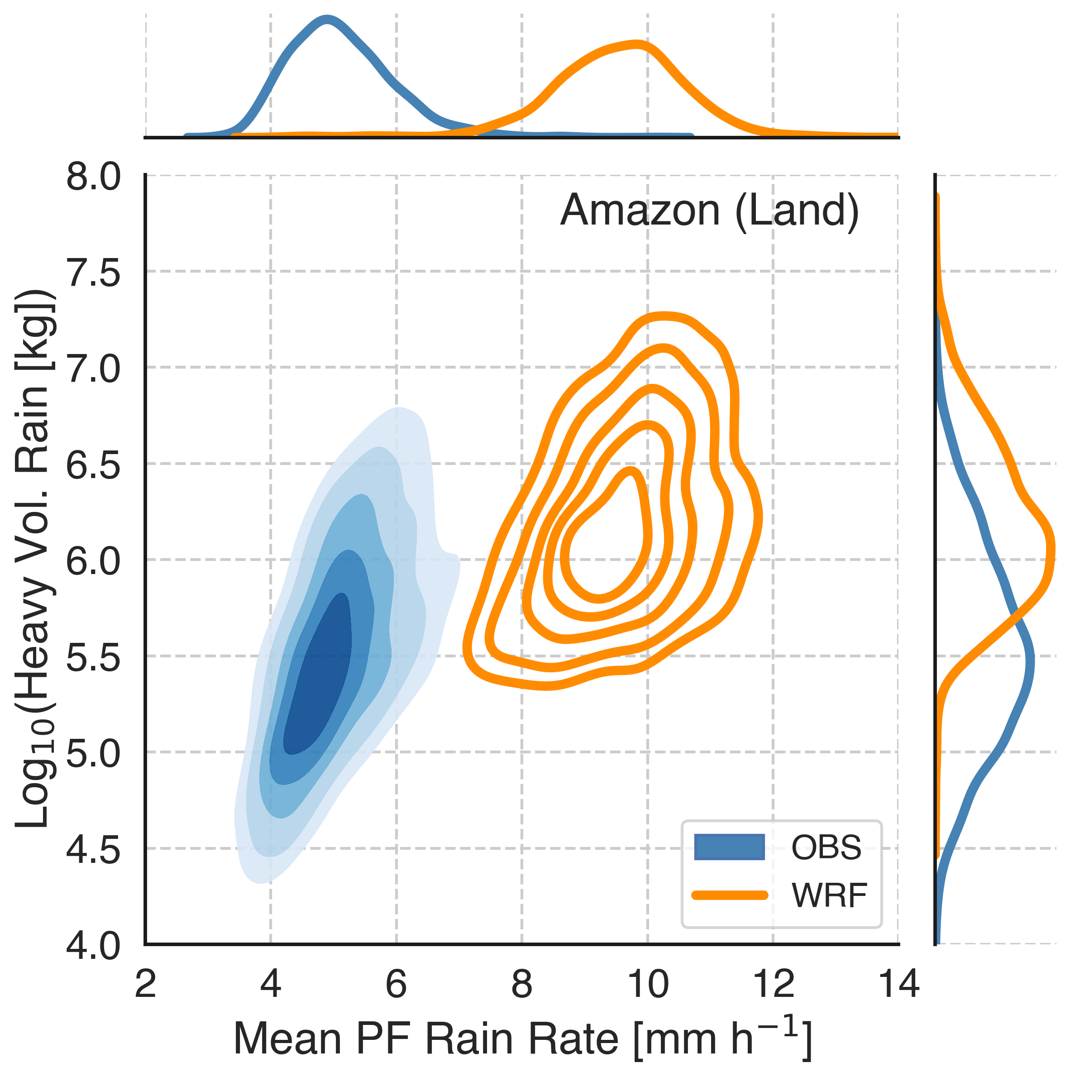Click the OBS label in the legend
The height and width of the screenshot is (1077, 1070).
(x=826, y=847)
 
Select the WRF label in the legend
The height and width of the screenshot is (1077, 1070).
(x=829, y=896)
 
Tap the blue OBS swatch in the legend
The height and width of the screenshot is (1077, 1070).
(x=729, y=847)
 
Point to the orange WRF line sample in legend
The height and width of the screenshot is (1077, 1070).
(x=729, y=895)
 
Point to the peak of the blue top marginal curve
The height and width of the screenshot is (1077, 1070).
(x=327, y=21)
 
